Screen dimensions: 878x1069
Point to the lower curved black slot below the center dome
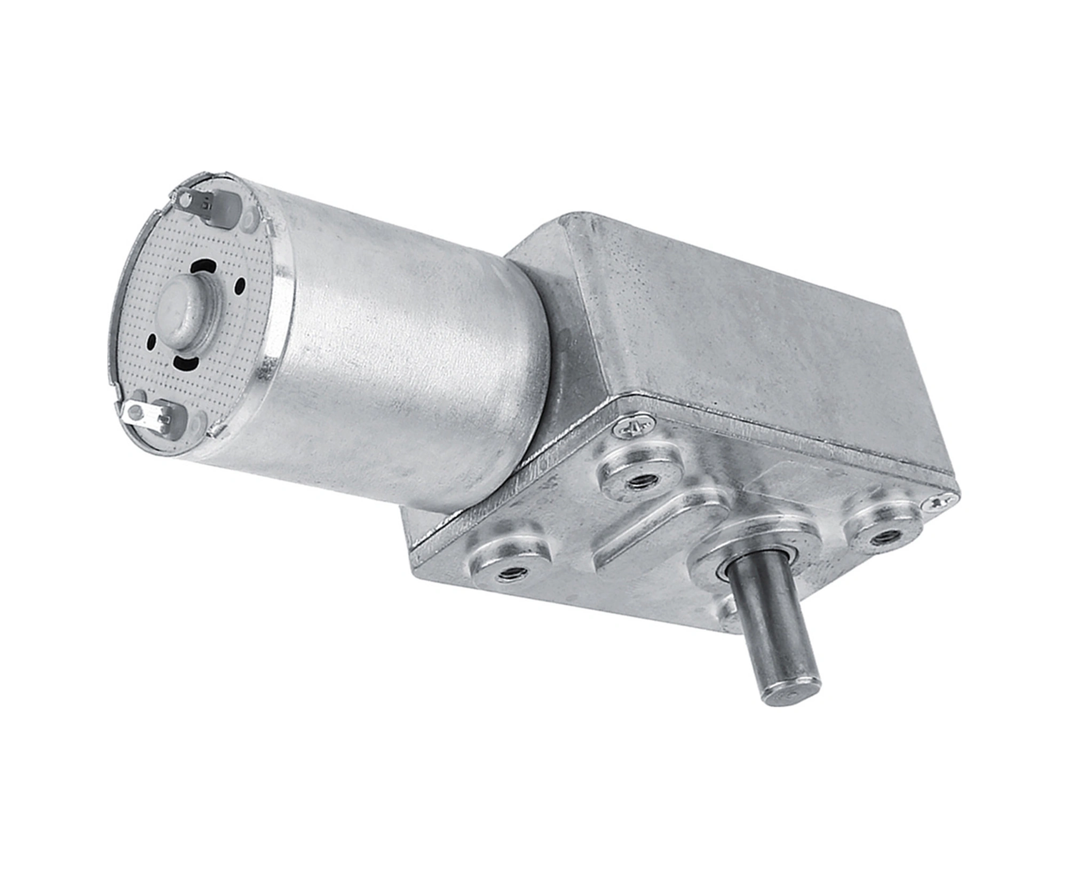[x=187, y=363]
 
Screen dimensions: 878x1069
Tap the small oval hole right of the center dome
[x=240, y=286]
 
